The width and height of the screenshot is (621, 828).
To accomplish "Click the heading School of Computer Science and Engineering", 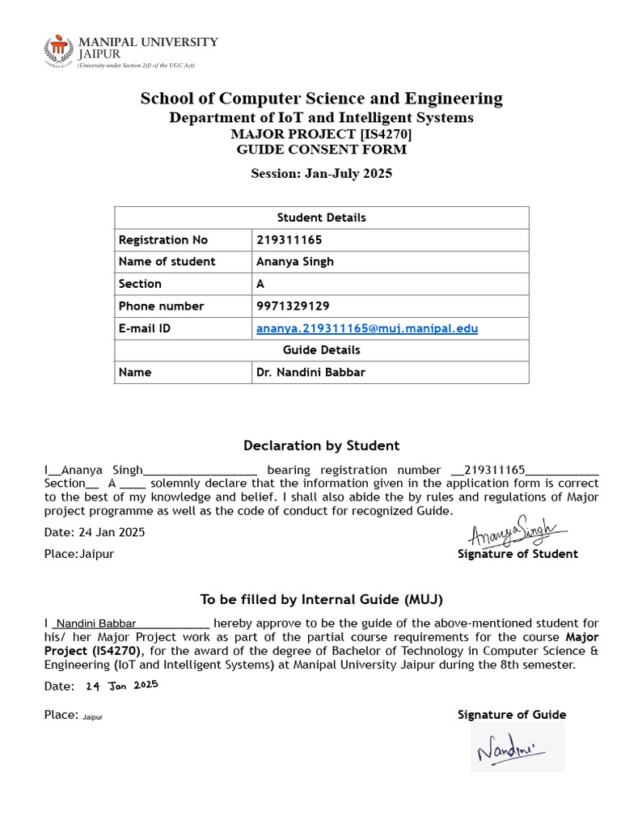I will (321, 99).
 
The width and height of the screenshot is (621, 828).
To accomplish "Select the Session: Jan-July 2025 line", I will (321, 173).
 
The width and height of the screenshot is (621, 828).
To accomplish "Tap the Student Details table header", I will (321, 218).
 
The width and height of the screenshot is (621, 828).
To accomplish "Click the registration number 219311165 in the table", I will (289, 240).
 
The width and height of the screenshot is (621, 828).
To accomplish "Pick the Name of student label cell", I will (167, 262).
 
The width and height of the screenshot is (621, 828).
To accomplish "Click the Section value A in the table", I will (260, 284).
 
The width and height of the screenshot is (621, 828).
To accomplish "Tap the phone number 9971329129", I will (293, 306).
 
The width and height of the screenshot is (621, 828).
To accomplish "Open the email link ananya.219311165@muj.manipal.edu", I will (367, 328).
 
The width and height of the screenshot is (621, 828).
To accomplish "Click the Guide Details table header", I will (321, 350).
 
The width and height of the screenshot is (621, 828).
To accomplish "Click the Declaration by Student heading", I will (321, 446).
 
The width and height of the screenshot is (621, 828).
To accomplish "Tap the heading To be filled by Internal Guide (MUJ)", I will (321, 599).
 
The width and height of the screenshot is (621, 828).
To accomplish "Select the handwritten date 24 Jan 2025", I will (121, 686).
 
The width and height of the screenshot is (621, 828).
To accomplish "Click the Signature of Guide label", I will (512, 715).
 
